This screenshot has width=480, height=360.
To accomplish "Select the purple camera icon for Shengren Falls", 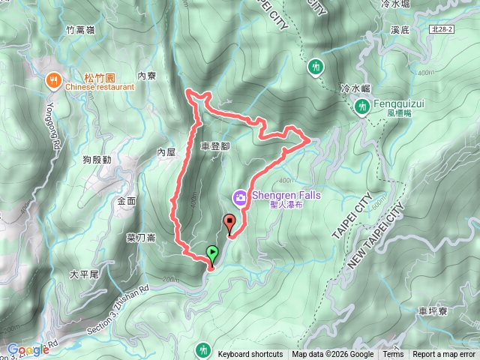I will click(x=241, y=197).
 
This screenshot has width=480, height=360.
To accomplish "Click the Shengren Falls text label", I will click(x=286, y=195).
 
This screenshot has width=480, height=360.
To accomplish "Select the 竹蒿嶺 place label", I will click(x=79, y=30).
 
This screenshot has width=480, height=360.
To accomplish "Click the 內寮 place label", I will click(x=147, y=76).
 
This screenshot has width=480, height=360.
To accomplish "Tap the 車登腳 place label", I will click(x=215, y=147).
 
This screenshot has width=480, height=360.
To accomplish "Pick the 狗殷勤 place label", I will click(x=97, y=160).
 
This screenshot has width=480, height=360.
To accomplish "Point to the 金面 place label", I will click(x=127, y=201).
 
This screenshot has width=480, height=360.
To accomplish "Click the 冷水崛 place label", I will click(x=355, y=88).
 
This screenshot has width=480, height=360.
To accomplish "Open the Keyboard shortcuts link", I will click(x=250, y=355).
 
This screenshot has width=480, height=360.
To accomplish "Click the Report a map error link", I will click(x=444, y=355).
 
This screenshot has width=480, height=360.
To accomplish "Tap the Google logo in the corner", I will click(x=28, y=349).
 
